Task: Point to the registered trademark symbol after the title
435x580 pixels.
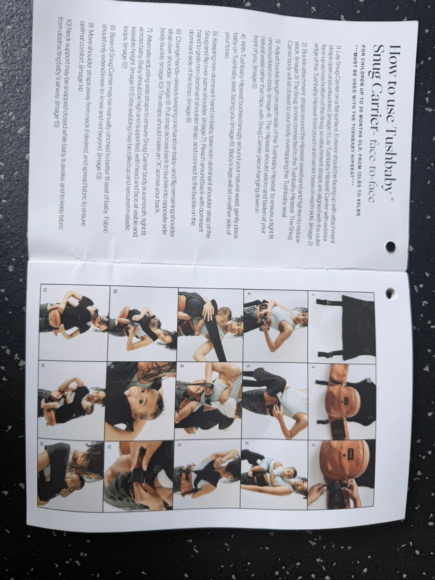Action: (392, 200)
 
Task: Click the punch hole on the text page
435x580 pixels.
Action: (391, 246)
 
